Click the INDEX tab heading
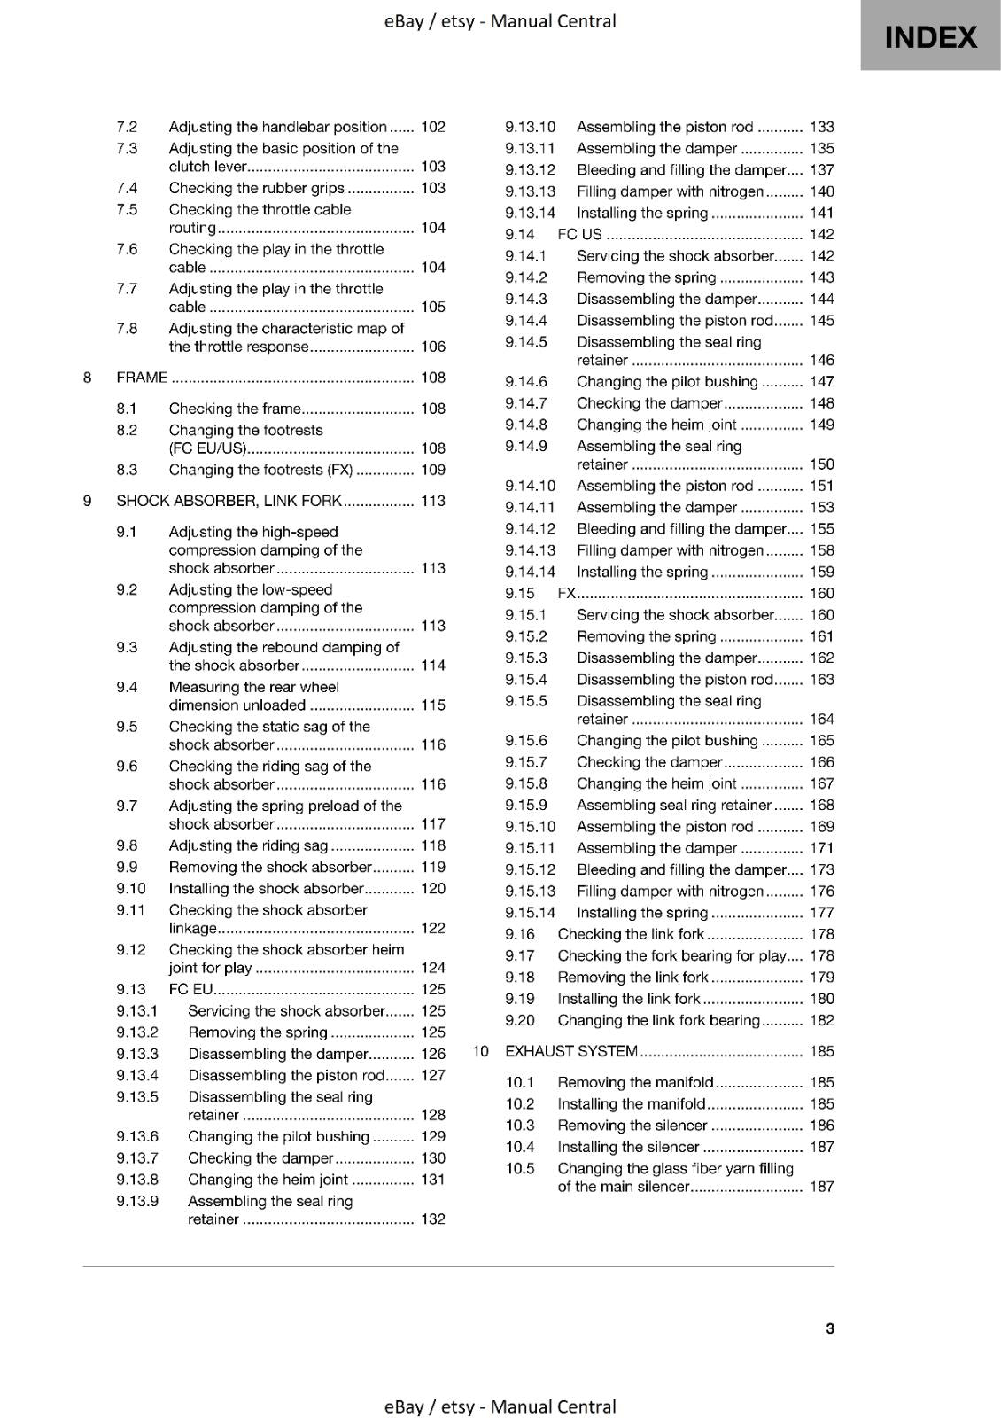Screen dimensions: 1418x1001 pos(930,36)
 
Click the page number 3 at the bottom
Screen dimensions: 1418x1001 pos(829,1328)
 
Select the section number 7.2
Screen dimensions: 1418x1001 pos(127,127)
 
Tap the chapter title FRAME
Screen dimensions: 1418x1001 pos(142,378)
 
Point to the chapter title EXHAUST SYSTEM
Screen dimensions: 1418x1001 pos(571,1051)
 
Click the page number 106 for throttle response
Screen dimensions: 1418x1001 pos(433,347)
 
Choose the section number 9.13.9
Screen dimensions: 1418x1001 pos(137,1201)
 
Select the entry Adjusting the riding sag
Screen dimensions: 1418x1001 pos(248,845)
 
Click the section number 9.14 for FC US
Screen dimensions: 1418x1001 pos(520,234)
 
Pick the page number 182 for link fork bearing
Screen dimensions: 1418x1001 pos(822,1020)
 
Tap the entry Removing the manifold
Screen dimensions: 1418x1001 pos(635,1082)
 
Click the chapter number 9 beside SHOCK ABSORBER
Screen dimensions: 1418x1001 pos(88,501)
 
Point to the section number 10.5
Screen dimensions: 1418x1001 pos(520,1168)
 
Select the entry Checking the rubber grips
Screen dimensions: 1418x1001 pos(257,188)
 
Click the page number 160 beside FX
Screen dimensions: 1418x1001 pos(822,593)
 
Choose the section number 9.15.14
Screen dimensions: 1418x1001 pos(531,913)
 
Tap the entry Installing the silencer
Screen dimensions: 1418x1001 pos(628,1147)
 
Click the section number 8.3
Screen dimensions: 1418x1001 pos(127,470)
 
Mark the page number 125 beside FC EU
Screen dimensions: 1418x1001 pos(433,989)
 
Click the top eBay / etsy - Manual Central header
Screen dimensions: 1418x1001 pos(500,21)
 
